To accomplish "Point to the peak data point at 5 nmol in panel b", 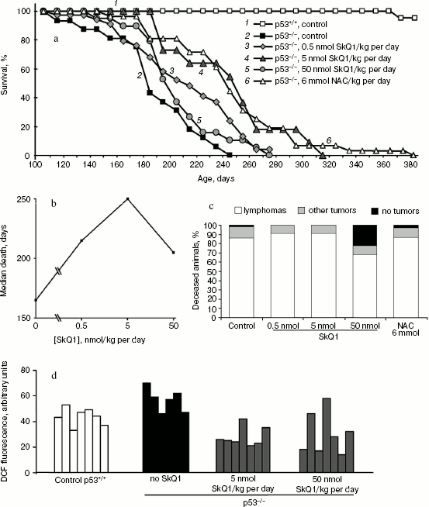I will (x=127, y=198).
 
